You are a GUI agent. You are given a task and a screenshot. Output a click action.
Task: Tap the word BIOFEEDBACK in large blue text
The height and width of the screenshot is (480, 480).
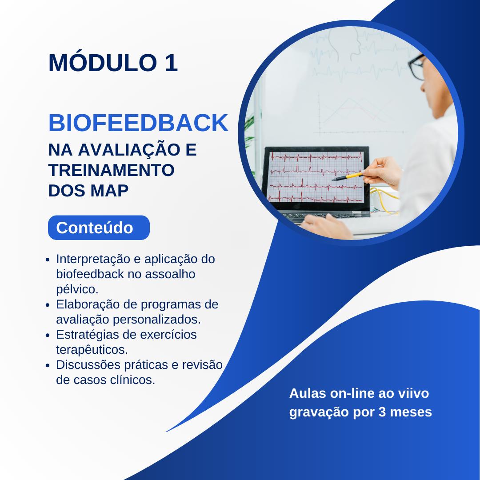138,123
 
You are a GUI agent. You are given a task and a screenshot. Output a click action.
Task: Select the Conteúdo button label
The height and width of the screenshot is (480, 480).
95,228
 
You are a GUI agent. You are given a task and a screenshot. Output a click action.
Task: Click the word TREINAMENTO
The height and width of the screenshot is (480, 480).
111,170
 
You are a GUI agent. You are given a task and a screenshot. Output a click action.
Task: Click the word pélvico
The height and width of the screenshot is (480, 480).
77,289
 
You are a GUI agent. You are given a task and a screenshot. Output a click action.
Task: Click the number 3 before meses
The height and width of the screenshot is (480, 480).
382,412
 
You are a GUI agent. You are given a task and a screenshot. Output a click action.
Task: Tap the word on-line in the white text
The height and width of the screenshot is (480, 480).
348,393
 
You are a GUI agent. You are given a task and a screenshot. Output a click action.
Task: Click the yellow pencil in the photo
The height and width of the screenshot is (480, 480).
349,176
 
